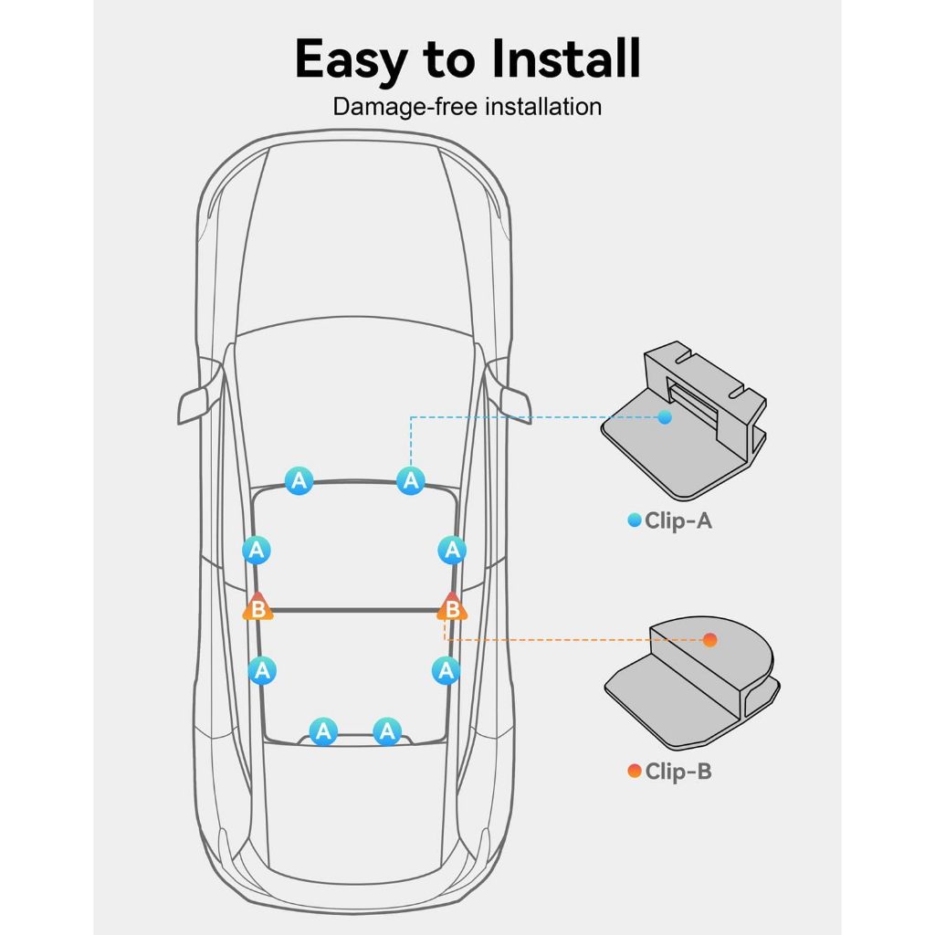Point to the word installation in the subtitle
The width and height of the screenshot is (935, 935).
point(542,107)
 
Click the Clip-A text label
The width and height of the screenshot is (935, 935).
point(678,520)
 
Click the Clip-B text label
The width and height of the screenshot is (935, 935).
point(678,771)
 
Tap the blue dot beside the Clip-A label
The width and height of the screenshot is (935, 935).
point(635,520)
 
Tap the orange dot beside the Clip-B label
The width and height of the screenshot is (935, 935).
point(635,771)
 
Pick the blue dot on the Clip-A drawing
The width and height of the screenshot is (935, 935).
point(665,417)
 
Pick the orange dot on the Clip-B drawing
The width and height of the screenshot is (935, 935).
point(709,640)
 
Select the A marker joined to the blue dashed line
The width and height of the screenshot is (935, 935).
point(411,480)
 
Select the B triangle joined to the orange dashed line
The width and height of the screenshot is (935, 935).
point(452,607)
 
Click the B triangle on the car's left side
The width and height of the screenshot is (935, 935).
point(257,607)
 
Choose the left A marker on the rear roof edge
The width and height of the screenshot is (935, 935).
point(324,731)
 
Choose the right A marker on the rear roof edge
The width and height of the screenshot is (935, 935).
point(387,731)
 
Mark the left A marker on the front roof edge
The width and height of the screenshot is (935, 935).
point(299,480)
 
